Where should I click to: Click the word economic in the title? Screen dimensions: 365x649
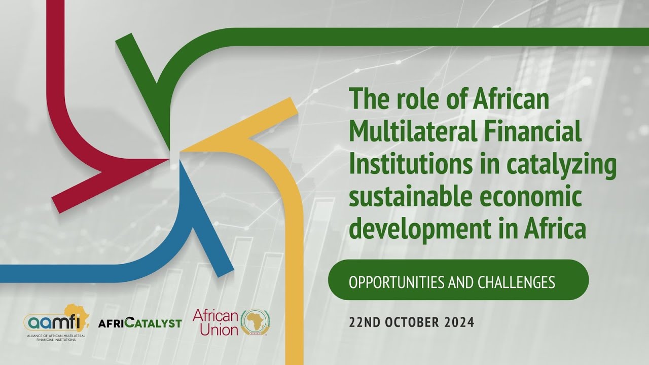click(538, 197)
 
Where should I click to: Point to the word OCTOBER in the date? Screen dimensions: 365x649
click(409, 322)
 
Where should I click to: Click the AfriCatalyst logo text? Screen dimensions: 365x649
click(140, 323)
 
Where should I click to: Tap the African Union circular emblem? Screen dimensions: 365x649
click(255, 322)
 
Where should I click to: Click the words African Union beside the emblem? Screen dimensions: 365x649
click(215, 322)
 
